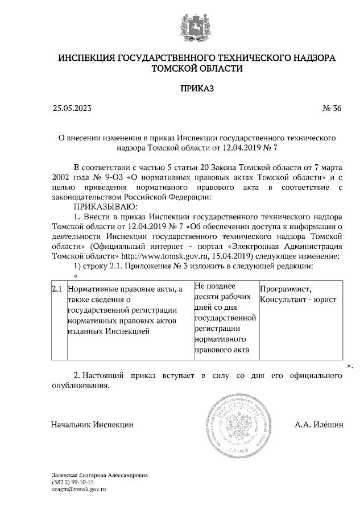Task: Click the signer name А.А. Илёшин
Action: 319,425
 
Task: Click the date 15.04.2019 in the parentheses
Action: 276,256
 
